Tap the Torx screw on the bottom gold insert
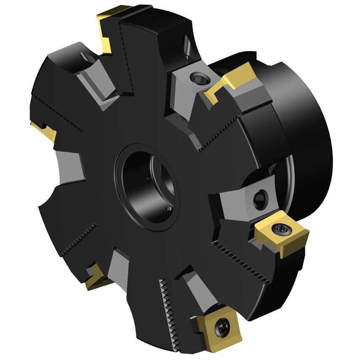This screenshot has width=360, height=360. (221, 328)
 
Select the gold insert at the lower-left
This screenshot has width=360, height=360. (95, 279)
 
